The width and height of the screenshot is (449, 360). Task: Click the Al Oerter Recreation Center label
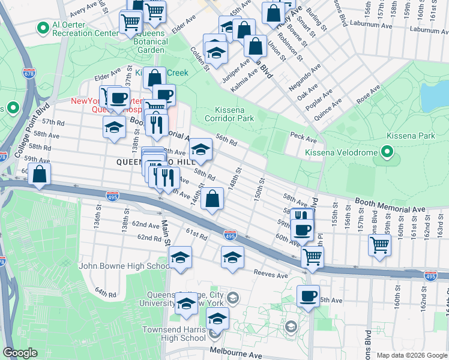tap(85, 29)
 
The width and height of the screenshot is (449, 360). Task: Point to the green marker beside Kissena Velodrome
tap(387, 152)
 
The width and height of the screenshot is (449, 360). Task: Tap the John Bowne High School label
tap(125, 266)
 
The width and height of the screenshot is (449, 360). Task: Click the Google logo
tap(20, 353)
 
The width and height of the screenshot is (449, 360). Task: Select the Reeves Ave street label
tap(271, 275)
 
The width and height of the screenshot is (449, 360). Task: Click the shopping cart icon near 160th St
tap(379, 244)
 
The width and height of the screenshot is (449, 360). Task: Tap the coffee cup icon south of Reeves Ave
tap(308, 295)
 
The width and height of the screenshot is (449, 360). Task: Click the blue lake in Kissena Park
tap(436, 93)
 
